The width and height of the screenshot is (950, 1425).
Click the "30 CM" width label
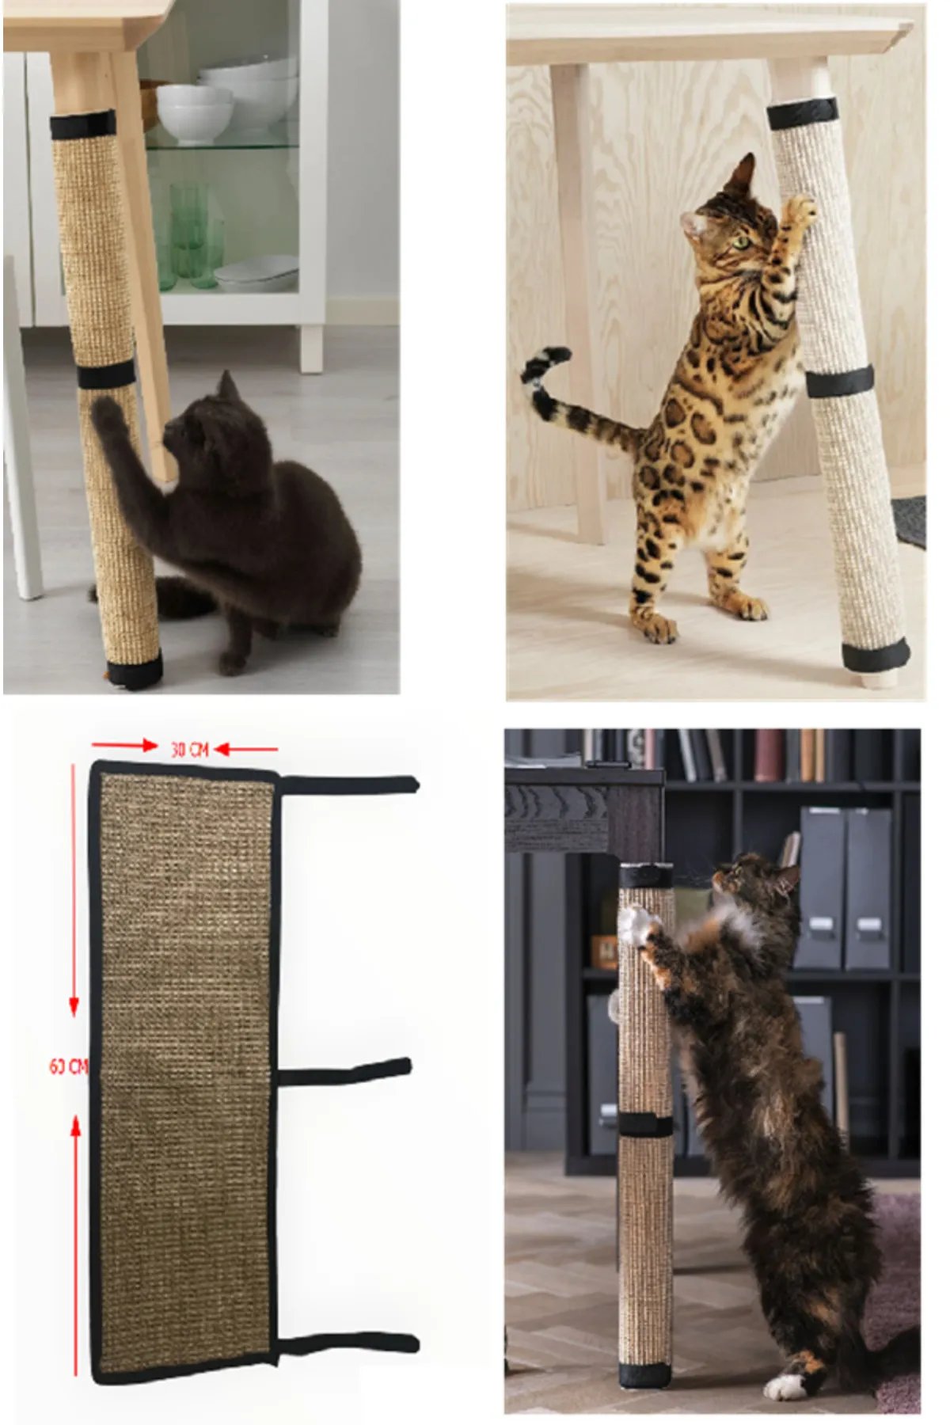190,749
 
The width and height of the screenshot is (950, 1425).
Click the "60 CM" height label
68,1066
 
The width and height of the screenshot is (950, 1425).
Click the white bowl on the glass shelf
194,111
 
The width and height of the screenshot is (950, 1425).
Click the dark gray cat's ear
228,386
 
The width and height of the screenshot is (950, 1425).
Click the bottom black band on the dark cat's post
135,672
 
